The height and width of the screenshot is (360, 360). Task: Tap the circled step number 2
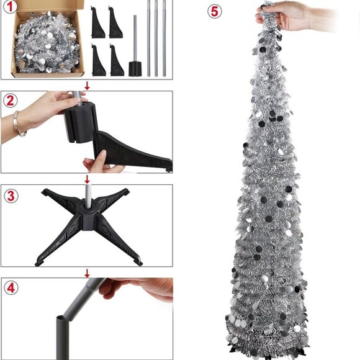click(x=10, y=101)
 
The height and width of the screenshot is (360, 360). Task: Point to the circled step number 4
click(x=10, y=288)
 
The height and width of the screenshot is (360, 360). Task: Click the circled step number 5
click(x=215, y=11)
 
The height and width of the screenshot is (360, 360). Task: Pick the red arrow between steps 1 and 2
click(x=87, y=85)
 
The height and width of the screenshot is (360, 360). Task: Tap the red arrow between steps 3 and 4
click(x=87, y=272)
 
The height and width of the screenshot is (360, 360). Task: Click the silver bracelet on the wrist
click(x=20, y=123)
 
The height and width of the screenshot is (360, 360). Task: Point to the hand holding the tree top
click(x=292, y=16)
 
